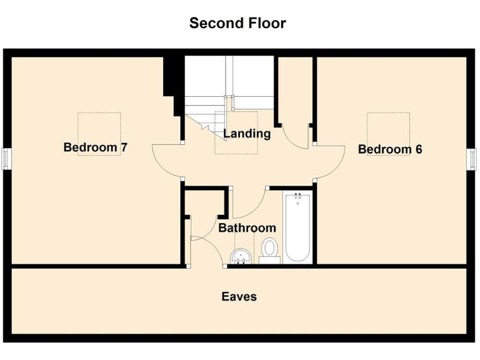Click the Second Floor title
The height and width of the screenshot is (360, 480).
coord(237,23)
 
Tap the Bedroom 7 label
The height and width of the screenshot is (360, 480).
coord(96,147)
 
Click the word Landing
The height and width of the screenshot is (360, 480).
coord(247,133)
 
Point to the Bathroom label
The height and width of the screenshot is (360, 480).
coord(247,228)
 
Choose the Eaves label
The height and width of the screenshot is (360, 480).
coord(239,296)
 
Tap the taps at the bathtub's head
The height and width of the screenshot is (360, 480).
coord(298,198)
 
